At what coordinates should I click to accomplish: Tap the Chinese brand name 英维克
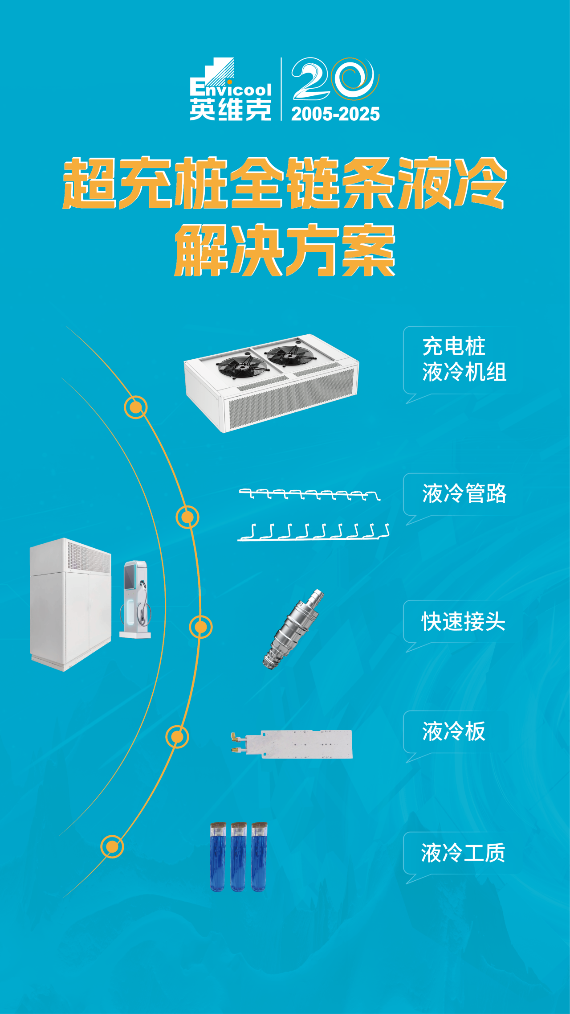(x=231, y=110)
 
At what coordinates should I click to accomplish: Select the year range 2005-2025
(x=335, y=114)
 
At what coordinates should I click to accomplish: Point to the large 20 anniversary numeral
(x=335, y=78)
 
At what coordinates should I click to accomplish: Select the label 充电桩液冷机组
(x=464, y=359)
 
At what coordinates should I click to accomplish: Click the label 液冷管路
(x=464, y=493)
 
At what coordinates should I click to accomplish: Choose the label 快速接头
(x=464, y=621)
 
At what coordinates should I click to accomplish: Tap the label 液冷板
(x=454, y=731)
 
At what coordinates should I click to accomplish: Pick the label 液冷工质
(x=463, y=853)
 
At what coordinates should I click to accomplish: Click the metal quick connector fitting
(x=293, y=629)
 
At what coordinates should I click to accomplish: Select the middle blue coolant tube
(x=238, y=857)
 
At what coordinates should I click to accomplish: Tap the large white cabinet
(x=70, y=604)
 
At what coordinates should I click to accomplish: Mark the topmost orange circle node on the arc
(x=136, y=407)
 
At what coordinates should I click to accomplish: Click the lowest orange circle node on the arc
(x=112, y=846)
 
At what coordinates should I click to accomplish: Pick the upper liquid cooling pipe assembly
(x=310, y=494)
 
